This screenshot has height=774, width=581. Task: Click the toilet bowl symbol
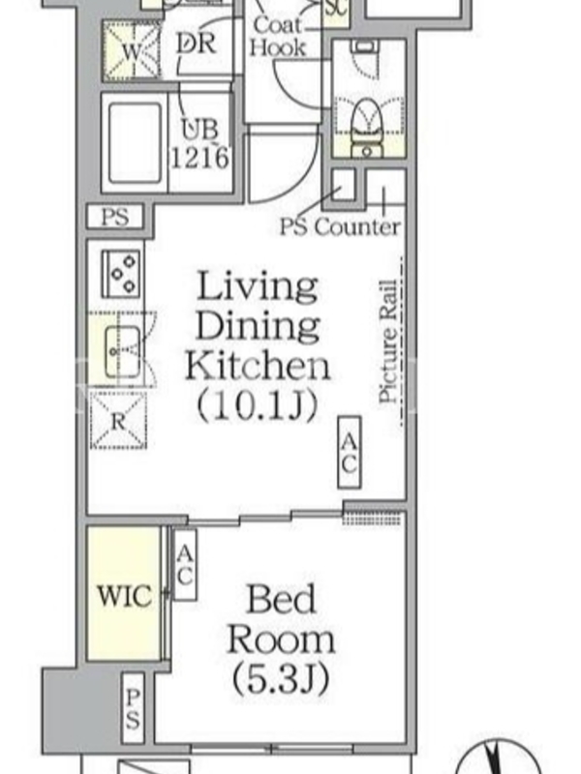tap(367, 128)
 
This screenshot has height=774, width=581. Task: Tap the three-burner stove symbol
tap(120, 274)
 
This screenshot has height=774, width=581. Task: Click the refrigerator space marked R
tap(118, 421)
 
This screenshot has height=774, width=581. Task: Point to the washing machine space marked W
tap(132, 51)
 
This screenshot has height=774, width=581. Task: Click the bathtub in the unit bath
tap(135, 142)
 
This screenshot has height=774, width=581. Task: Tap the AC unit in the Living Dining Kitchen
tap(350, 452)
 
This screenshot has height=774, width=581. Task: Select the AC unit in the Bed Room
tap(185, 565)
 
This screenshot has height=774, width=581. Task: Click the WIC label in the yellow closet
tap(125, 595)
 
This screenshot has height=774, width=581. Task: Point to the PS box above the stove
tap(115, 217)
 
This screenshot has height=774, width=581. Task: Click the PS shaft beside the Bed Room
tap(133, 708)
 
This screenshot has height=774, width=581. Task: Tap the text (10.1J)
tap(257, 405)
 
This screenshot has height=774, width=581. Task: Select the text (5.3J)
tap(281, 679)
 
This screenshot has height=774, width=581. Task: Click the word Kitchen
tap(258, 366)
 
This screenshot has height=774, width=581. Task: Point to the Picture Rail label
tap(388, 342)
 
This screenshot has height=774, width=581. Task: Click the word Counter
tap(357, 226)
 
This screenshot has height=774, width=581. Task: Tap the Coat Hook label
tap(278, 37)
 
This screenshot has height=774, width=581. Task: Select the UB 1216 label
tap(200, 144)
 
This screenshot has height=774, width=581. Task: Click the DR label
tap(197, 44)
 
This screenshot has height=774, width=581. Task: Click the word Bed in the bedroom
tap(281, 599)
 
